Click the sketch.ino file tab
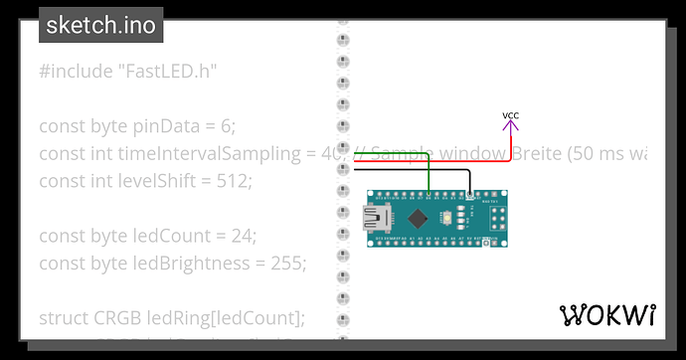[x=101, y=25]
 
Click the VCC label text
[x=510, y=116]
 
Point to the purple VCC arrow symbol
[x=510, y=128]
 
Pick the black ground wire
[x=418, y=170]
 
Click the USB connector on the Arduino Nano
[x=376, y=218]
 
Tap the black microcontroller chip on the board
[x=422, y=218]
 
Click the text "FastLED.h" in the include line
[x=167, y=72]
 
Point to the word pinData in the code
[x=169, y=126]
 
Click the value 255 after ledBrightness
[x=286, y=263]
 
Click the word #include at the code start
[x=76, y=72]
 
